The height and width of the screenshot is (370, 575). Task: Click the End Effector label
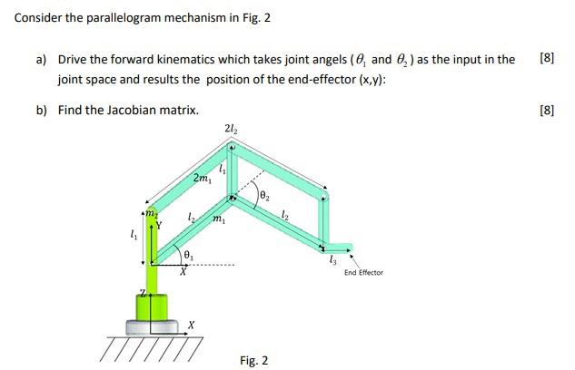pyautogui.click(x=363, y=272)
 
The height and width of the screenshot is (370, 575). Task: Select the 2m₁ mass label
pyautogui.click(x=202, y=178)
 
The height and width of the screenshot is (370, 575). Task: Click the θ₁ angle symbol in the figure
pyautogui.click(x=188, y=254)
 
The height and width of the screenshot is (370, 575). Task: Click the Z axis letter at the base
pyautogui.click(x=142, y=292)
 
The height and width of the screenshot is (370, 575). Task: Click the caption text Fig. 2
pyautogui.click(x=253, y=360)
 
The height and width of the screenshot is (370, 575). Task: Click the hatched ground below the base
pyautogui.click(x=150, y=346)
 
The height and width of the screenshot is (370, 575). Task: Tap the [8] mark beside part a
pyautogui.click(x=546, y=59)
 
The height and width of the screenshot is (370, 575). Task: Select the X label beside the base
pyautogui.click(x=191, y=325)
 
